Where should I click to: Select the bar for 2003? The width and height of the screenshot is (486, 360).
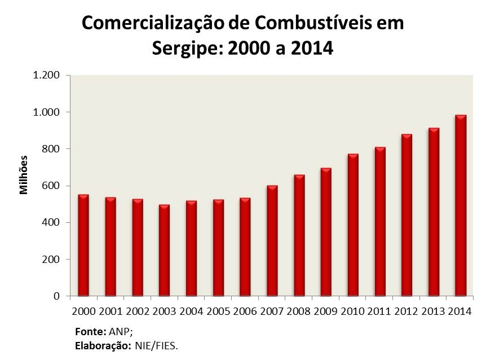pyautogui.click(x=164, y=251)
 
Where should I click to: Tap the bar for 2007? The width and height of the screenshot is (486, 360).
pyautogui.click(x=272, y=241)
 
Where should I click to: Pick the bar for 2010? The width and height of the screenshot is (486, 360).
pyautogui.click(x=353, y=225)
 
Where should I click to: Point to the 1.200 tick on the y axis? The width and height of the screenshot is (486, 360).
pyautogui.click(x=47, y=76)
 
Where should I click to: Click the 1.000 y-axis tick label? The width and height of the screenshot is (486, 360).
pyautogui.click(x=47, y=112)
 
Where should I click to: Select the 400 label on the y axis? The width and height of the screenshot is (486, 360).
pyautogui.click(x=52, y=222)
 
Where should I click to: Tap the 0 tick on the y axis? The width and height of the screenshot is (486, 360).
pyautogui.click(x=56, y=296)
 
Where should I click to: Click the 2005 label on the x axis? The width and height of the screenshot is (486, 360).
pyautogui.click(x=218, y=310)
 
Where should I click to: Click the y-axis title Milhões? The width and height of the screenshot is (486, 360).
pyautogui.click(x=24, y=175)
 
